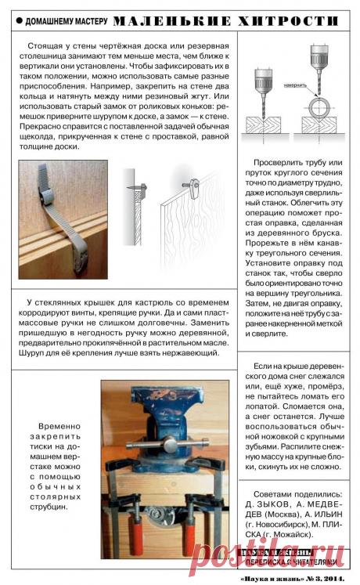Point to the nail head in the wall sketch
(x=135, y=190)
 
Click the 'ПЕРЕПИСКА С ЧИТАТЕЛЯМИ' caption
(x=291, y=562)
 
